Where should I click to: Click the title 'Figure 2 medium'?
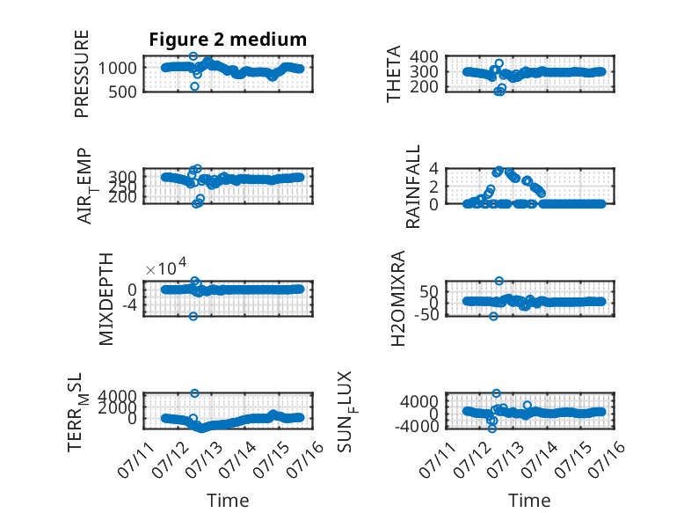pos(228,40)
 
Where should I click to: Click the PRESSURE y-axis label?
pos(82,74)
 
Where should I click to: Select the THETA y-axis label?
pos(394,74)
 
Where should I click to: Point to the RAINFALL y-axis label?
pos(412,187)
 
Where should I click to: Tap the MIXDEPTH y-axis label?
pos(106,299)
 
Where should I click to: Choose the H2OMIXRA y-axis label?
pos(398,298)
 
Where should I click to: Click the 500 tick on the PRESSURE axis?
pos(122,92)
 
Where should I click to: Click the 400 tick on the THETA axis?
pos(424,57)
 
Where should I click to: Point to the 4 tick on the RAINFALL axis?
pos(433,168)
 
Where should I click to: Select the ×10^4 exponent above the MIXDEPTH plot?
pos(166,267)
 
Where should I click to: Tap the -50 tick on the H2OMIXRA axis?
pos(422,314)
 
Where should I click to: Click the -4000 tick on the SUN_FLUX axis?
pos(417,426)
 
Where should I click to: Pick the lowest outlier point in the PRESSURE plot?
pos(194,86)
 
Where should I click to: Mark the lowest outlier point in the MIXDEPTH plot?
pos(193,316)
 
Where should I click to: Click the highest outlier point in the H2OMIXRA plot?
pos(499,281)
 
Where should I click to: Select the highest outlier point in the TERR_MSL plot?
pos(195,393)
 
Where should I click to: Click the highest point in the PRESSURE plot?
pos(193,56)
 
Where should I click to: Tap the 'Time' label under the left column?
pos(228,501)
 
